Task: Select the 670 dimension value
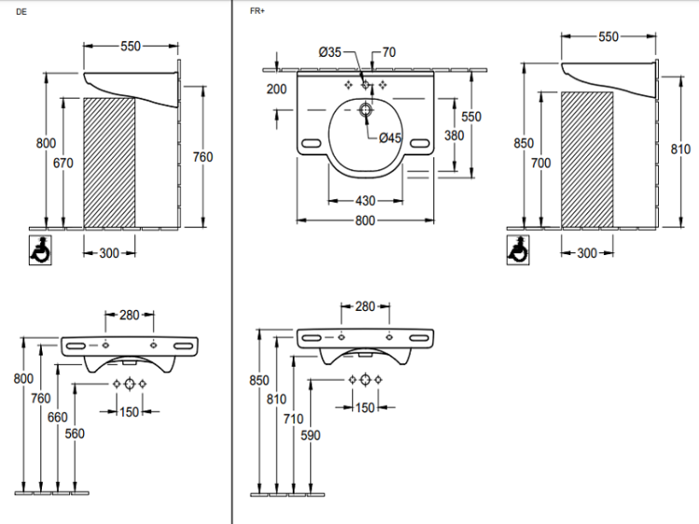(x=63, y=162)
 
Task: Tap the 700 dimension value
(x=541, y=163)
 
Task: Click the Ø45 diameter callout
(x=390, y=138)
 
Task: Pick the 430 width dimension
(x=364, y=201)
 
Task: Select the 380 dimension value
(x=454, y=135)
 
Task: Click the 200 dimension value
(x=277, y=89)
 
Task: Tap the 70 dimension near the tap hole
(x=389, y=53)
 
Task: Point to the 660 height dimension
(x=57, y=417)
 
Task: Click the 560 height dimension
(x=75, y=434)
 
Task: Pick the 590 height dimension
(x=310, y=434)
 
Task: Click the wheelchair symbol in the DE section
(x=40, y=249)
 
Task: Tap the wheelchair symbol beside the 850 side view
(x=518, y=249)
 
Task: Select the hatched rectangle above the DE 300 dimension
(x=109, y=161)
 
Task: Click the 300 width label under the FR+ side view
(x=586, y=253)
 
